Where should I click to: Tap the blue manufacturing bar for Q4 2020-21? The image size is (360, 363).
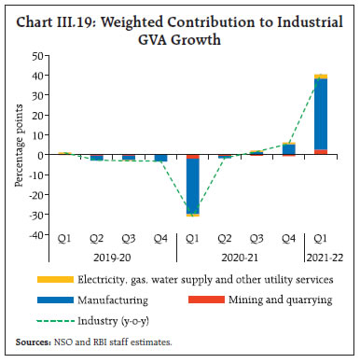(x=289, y=148)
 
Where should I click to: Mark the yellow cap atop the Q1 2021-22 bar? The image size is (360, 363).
(x=320, y=76)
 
